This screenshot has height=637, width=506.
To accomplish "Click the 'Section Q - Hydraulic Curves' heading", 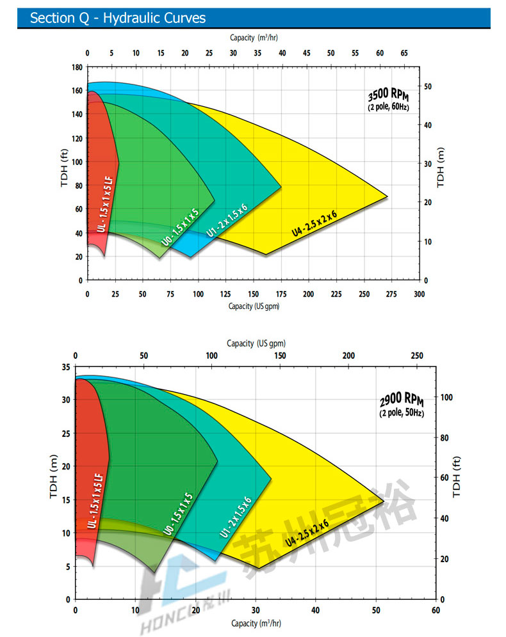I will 118,18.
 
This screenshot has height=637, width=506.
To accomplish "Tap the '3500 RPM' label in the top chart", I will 389,97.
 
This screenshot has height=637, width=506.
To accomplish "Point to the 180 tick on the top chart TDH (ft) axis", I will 77,67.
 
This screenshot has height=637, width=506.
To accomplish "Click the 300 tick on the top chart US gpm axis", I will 420,294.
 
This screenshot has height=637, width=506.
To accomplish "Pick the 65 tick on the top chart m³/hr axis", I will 404,53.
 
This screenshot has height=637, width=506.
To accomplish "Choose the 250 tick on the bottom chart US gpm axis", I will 417,356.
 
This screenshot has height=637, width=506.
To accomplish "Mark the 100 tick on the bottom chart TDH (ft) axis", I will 447,397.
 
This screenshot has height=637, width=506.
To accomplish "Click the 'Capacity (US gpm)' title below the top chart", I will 254,306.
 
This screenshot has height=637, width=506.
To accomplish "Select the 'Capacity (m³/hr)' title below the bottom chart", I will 256,623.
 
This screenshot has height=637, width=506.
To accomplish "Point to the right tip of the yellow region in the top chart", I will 388,197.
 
